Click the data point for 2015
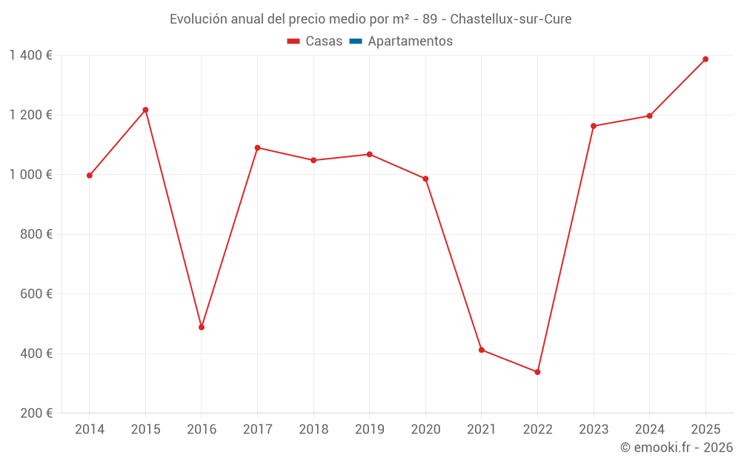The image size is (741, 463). [x=145, y=110]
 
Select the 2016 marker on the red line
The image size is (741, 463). [x=202, y=327]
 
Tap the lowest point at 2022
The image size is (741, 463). [x=537, y=373]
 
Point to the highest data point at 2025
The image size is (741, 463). [x=705, y=59]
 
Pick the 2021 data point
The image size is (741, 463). [x=482, y=350]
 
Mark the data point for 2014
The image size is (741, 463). [x=90, y=176]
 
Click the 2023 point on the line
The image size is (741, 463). [x=594, y=126]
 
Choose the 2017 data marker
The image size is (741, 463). [x=258, y=148]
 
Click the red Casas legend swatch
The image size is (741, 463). [x=293, y=41]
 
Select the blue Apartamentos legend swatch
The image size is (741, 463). [x=356, y=41]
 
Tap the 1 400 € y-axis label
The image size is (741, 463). [x=30, y=56]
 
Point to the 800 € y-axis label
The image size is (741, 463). [x=36, y=234]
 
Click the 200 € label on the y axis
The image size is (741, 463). [x=36, y=413]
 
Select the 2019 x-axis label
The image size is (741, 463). [x=370, y=430]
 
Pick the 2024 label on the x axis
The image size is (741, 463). [x=649, y=430]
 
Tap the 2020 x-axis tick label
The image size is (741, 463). [x=426, y=430]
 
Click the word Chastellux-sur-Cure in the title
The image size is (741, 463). [x=511, y=19]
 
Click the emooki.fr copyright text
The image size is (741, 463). [x=677, y=447]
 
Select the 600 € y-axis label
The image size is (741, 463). [x=36, y=294]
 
